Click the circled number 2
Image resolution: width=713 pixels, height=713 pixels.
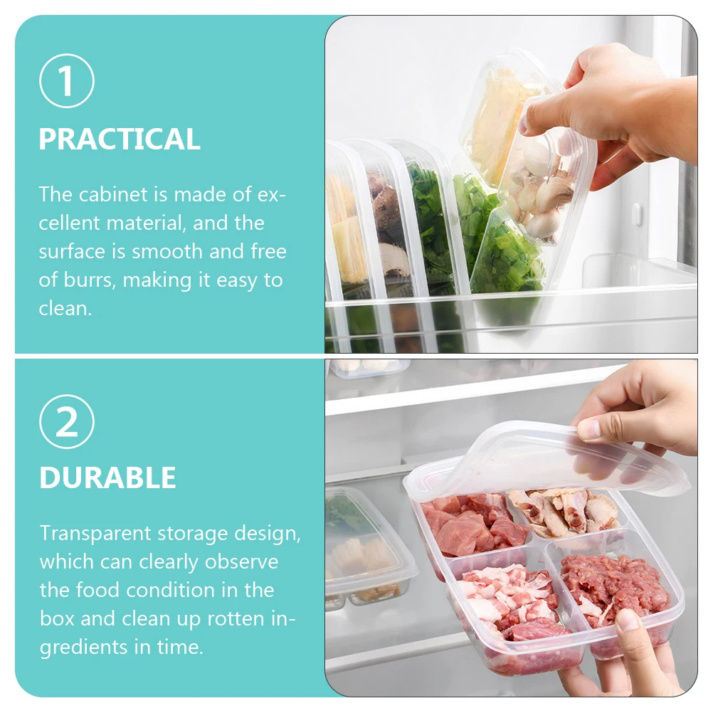pos(66,422)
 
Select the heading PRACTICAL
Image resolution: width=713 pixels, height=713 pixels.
pos(120,139)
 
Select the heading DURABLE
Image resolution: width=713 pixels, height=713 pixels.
pos(107,478)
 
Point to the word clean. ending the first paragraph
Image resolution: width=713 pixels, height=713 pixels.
pos(65,309)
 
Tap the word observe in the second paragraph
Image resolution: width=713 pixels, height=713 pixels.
pos(242,562)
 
